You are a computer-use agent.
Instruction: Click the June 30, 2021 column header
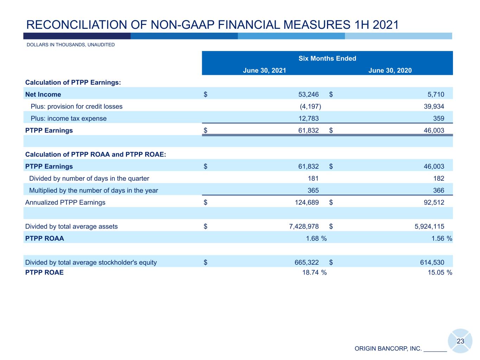click(264, 70)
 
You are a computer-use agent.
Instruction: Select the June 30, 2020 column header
click(390, 70)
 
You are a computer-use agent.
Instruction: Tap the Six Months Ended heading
click(327, 58)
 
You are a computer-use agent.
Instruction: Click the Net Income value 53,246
click(308, 95)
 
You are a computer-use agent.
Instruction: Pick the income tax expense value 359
click(439, 118)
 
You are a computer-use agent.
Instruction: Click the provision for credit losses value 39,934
click(434, 107)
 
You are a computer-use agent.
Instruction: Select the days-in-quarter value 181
click(313, 178)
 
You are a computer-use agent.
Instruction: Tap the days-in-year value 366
click(439, 191)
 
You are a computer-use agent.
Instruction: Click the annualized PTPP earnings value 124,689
click(307, 202)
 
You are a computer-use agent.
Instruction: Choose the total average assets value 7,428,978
click(304, 226)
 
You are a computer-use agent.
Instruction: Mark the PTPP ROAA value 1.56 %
click(442, 238)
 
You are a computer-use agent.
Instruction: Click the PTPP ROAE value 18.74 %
click(314, 272)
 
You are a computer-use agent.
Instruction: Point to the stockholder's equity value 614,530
click(432, 262)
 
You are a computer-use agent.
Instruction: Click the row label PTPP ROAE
click(44, 272)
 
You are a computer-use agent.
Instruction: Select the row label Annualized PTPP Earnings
click(65, 202)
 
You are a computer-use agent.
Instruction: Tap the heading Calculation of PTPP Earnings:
click(73, 82)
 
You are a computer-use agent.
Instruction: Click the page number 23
click(460, 341)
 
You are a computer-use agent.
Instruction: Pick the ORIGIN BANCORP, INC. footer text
click(388, 348)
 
